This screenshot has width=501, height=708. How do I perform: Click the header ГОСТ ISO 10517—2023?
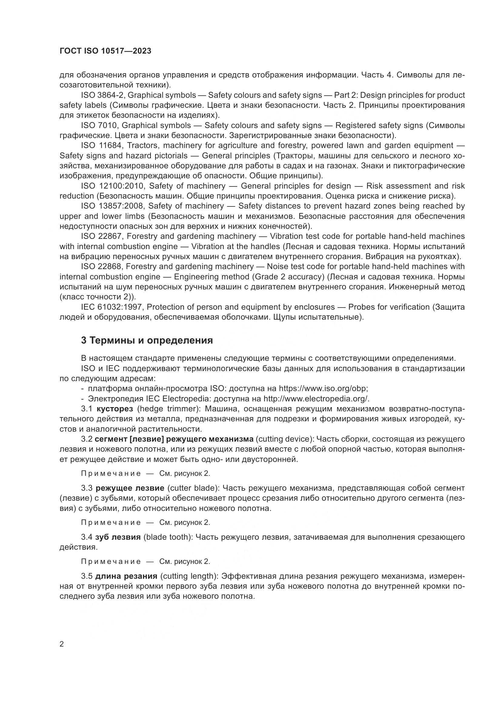pyautogui.click(x=105, y=51)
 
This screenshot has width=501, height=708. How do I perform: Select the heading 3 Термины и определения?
pyautogui.click(x=147, y=341)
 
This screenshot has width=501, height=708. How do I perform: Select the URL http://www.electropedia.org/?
pyautogui.click(x=316, y=399)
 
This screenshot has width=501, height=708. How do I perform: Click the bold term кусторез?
pyautogui.click(x=115, y=409)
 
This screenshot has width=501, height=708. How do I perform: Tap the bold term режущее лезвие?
pyautogui.click(x=130, y=488)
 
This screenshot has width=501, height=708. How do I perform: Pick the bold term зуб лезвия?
pyautogui.click(x=118, y=537)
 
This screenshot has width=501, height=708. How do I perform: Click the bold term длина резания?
pyautogui.click(x=126, y=576)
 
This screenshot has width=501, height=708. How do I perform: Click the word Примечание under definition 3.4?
pyautogui.click(x=111, y=561)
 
